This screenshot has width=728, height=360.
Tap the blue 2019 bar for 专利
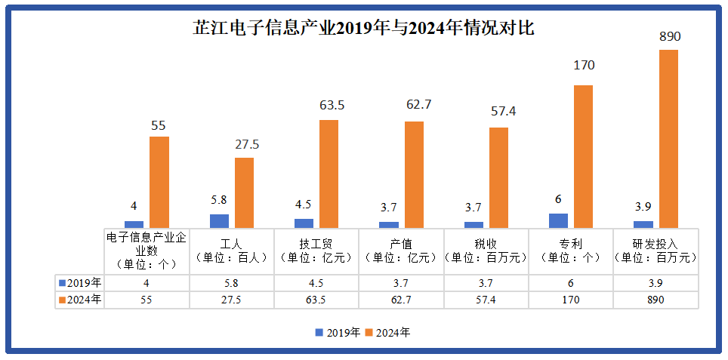coord(558,220)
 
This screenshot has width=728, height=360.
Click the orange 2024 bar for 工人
coord(244,192)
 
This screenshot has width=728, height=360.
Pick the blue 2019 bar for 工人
coord(219,220)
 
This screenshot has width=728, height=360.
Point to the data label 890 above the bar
coord(669,37)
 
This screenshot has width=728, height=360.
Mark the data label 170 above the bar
coord(584,66)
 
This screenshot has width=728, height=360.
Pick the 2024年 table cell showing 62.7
coord(401,300)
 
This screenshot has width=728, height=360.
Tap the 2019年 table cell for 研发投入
coord(656,283)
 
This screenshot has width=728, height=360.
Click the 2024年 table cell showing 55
coord(146,300)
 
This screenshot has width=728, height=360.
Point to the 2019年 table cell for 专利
coord(571,283)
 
